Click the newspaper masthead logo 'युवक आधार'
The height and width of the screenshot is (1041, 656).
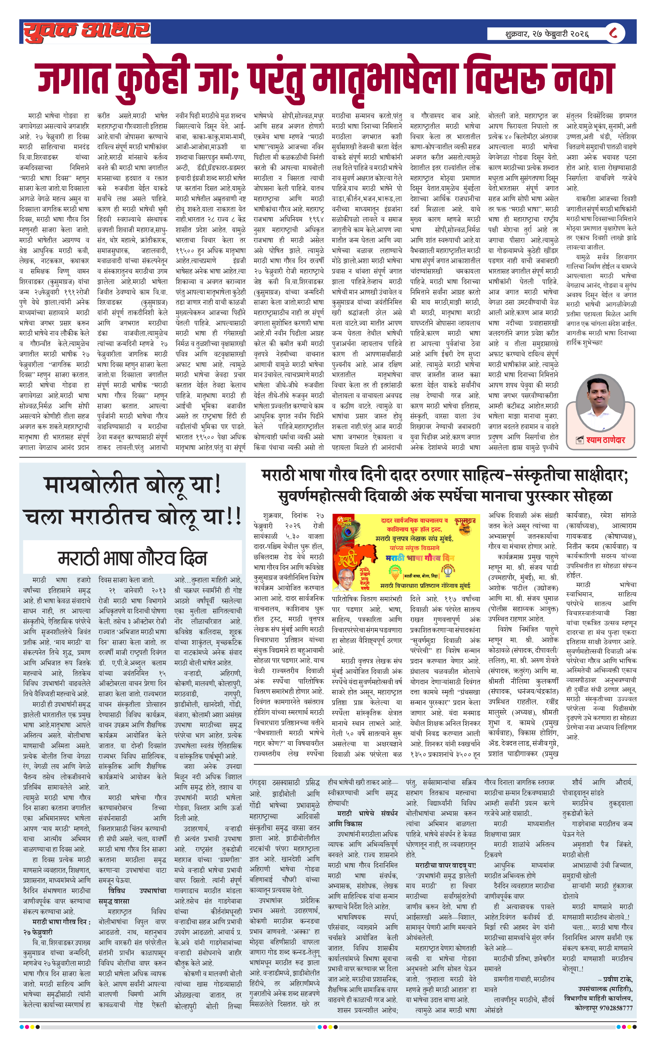click(87, 31)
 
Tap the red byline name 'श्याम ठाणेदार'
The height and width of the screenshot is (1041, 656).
click(605, 440)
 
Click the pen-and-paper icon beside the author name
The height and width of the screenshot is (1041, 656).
click(580, 440)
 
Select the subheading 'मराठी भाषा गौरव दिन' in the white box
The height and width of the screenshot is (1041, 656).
click(132, 558)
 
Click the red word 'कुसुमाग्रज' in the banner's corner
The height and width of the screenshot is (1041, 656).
click(465, 520)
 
